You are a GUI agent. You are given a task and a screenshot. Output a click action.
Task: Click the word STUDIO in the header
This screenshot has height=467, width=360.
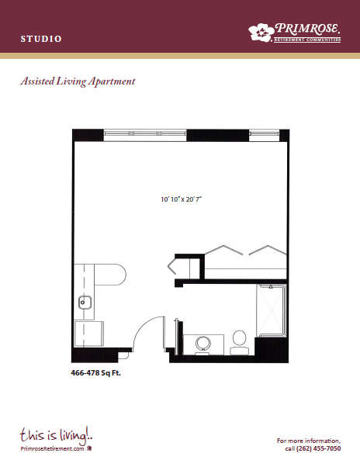[41, 39]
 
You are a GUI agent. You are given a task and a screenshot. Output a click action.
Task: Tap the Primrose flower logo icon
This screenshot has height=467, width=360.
[261, 32]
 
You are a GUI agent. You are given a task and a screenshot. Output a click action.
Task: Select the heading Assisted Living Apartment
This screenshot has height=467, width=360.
[78, 81]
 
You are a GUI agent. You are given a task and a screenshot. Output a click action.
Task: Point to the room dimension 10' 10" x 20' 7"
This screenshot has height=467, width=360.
[182, 199]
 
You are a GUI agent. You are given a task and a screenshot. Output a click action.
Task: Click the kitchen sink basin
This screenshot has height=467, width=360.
[85, 303]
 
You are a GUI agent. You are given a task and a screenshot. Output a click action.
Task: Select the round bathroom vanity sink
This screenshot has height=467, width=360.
[203, 343]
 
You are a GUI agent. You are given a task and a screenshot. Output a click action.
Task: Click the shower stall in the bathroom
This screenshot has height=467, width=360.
[272, 310]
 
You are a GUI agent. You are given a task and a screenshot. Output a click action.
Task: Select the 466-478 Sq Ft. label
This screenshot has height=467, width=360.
[96, 373]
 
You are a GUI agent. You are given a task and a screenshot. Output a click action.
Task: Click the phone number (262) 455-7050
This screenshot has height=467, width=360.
[319, 448]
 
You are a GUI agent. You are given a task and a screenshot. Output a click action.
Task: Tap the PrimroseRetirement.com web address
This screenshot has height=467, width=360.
[52, 449]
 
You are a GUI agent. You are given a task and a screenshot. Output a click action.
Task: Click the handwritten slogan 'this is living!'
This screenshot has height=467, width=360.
[57, 434]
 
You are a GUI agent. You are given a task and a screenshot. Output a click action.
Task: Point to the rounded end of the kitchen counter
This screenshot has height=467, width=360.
[119, 275]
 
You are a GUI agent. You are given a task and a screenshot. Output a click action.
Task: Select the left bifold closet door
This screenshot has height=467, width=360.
[223, 250]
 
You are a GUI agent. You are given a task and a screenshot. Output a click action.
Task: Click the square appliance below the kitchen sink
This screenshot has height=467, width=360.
[88, 334]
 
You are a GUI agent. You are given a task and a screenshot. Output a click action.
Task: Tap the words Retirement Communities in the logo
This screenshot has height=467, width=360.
[307, 40]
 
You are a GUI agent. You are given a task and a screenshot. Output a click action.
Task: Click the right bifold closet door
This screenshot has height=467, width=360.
[268, 250]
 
